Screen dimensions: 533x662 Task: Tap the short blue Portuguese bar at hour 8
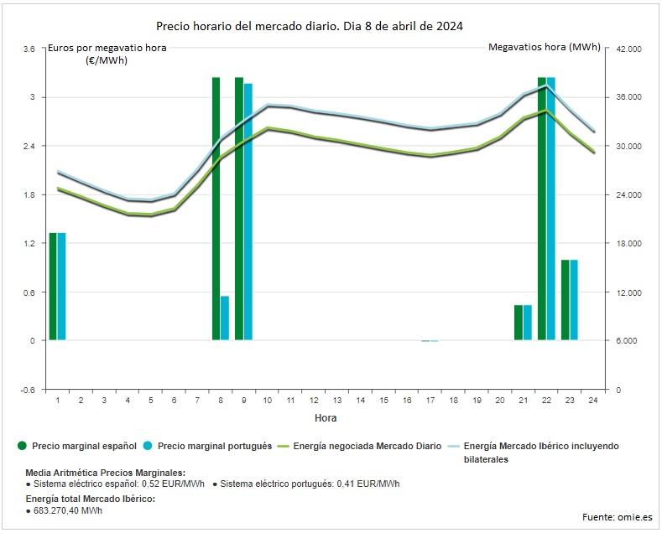click(225, 318)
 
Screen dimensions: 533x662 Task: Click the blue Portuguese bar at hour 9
click(248, 211)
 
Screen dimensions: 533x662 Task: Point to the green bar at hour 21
click(519, 323)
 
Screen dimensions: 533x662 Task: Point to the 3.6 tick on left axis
click(29, 49)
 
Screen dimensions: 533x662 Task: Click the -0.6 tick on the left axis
click(27, 390)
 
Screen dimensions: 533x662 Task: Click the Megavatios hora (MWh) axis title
click(544, 48)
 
